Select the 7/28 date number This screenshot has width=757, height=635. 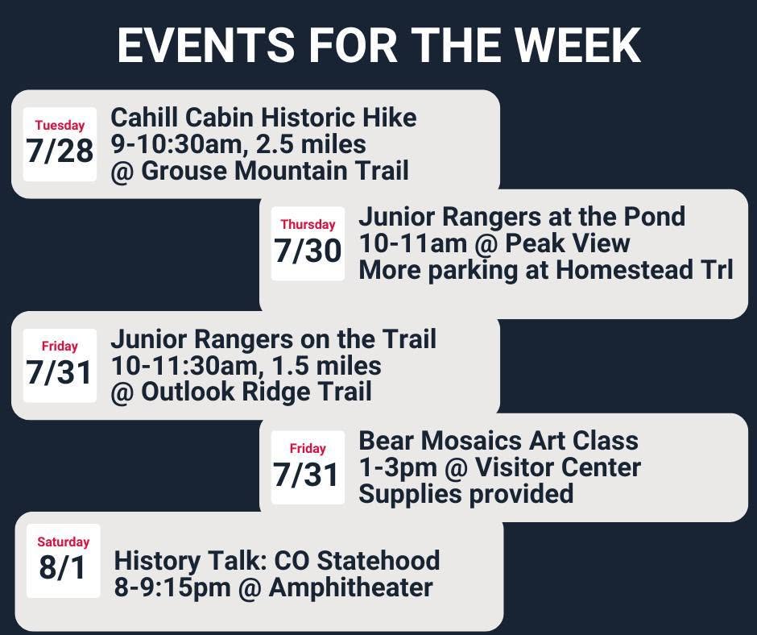coord(60,151)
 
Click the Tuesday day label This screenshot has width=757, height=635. coord(60,125)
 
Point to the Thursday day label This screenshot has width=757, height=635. coord(308,224)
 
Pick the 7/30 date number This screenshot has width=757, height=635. coord(308,251)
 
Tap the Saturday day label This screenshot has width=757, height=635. coord(64,542)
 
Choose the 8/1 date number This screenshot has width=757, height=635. coord(63,567)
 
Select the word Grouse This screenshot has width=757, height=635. coord(184,171)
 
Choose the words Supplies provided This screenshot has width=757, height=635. coord(466,494)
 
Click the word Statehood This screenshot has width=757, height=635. coord(378,561)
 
